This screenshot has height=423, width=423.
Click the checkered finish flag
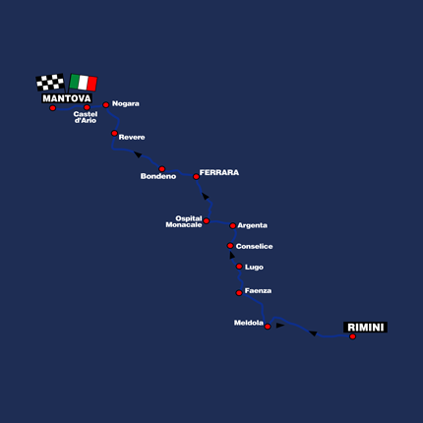tap(50, 82)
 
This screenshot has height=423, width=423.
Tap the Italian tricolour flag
tap(84, 83)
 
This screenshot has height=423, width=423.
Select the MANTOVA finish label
tap(67, 98)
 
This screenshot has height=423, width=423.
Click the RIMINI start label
tap(365, 328)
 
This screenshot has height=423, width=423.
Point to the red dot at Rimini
tap(352, 336)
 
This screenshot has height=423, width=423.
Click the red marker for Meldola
tap(268, 327)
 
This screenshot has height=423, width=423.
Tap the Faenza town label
tap(258, 291)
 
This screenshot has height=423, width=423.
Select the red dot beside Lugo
tap(239, 267)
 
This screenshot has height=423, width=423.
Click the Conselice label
tap(254, 246)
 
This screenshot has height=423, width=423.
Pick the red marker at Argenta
tap(232, 225)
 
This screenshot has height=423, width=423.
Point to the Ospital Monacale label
tap(184, 221)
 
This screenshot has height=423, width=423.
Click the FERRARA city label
tap(219, 172)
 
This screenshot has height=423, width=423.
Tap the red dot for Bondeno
tap(161, 169)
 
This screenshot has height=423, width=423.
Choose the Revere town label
tap(132, 137)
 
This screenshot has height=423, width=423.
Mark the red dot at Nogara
tap(106, 105)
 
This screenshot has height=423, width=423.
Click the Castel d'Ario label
tap(86, 117)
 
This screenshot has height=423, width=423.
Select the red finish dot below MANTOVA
tap(52, 108)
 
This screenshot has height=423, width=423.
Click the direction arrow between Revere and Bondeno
tap(138, 154)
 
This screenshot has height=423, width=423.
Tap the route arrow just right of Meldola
tap(280, 326)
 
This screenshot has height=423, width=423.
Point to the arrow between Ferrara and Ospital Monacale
tap(206, 197)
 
